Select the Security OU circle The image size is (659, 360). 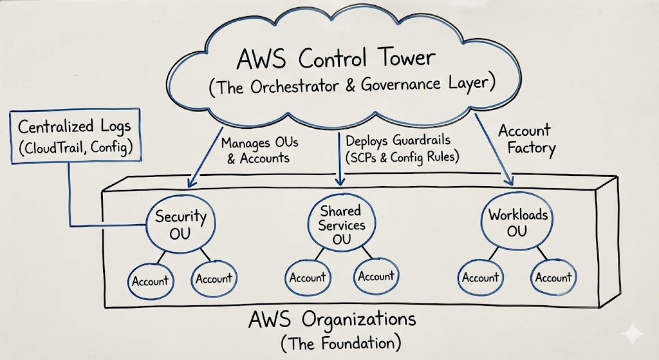pyautogui.click(x=172, y=224)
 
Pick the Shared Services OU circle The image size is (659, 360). pyautogui.click(x=340, y=225)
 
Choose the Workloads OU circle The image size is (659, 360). pyautogui.click(x=516, y=222)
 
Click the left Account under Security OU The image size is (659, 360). pyautogui.click(x=150, y=281)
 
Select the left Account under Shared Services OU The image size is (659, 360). pyautogui.click(x=308, y=278)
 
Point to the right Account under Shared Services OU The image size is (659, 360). pyautogui.click(x=376, y=277)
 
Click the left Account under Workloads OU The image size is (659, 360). pyautogui.click(x=481, y=278)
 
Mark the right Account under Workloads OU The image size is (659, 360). pyautogui.click(x=553, y=278)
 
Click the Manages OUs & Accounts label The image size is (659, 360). pyautogui.click(x=259, y=148)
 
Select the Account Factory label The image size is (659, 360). pyautogui.click(x=525, y=138)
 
